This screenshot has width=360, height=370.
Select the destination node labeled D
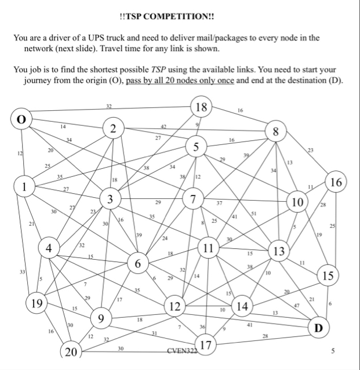(x=317, y=328)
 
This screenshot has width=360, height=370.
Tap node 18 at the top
(x=202, y=108)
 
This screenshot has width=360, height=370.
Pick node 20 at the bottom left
(x=71, y=351)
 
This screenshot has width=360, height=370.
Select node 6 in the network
(x=138, y=264)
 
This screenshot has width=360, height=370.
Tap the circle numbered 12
(x=173, y=305)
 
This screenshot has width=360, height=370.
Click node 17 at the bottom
(x=205, y=346)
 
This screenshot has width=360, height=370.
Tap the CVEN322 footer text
(x=181, y=350)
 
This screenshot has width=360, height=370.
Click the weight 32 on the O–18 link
(x=109, y=106)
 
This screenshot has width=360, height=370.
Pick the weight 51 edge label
(x=253, y=213)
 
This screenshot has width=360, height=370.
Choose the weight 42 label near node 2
(x=163, y=126)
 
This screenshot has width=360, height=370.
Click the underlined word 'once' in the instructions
(x=224, y=80)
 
